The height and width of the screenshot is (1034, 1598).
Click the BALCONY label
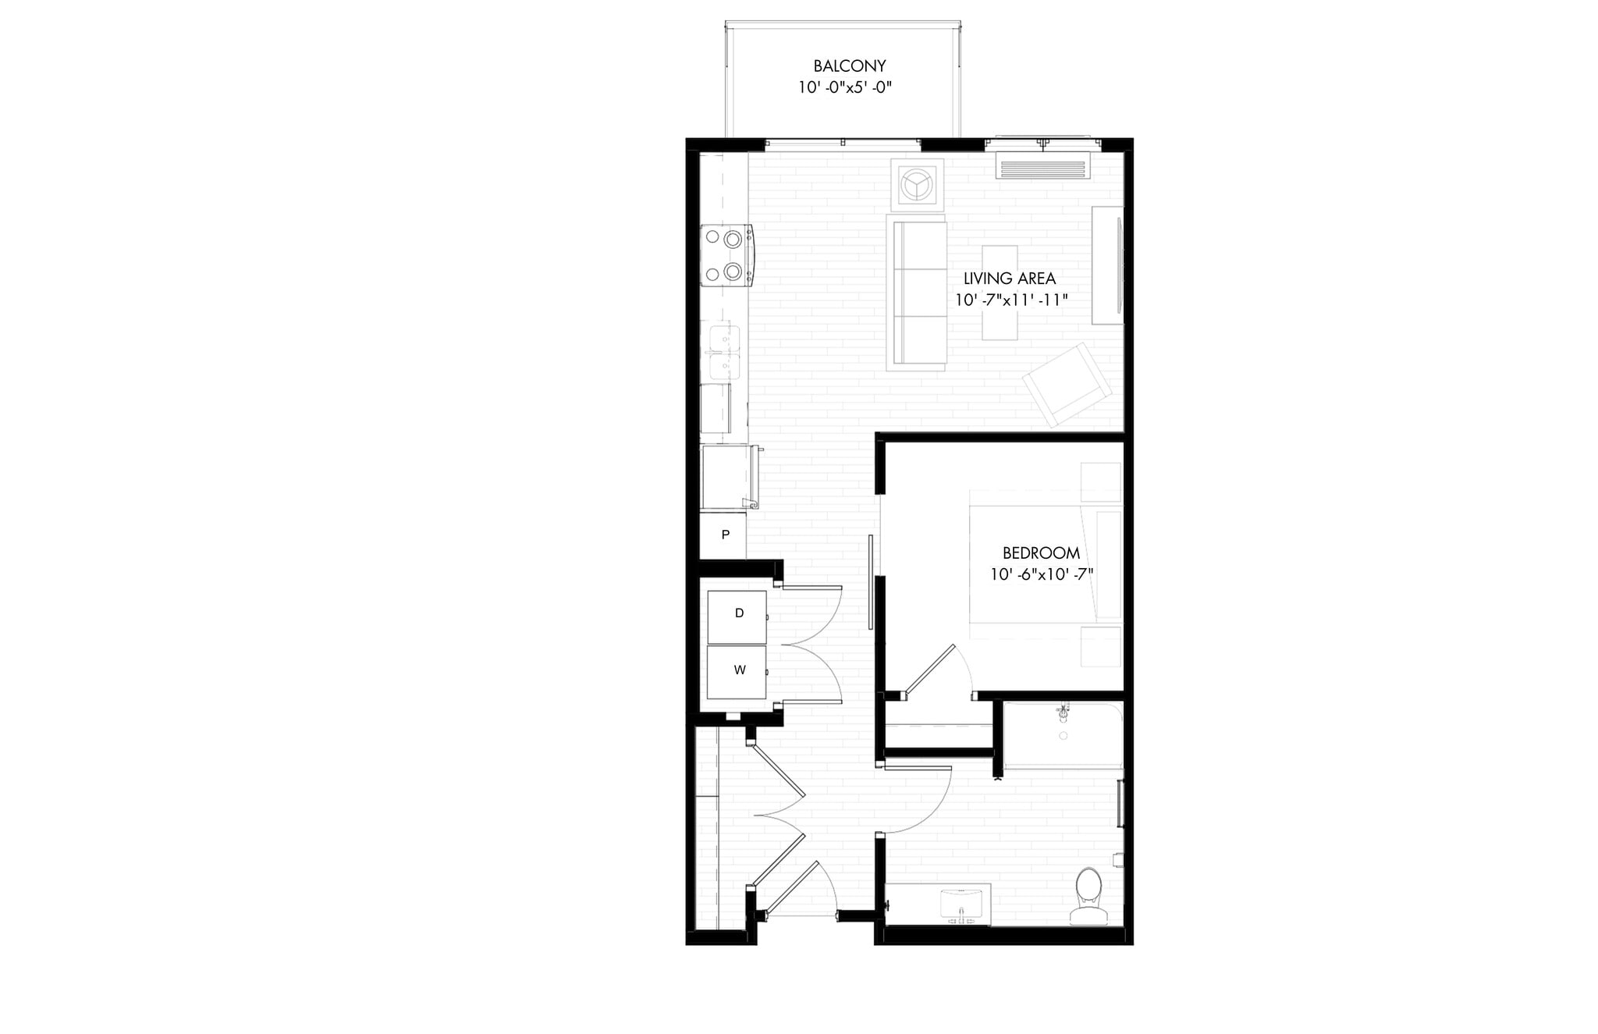(x=849, y=66)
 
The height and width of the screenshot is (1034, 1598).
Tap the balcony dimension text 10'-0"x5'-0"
(x=844, y=87)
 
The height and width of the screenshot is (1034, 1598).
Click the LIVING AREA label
(x=1009, y=279)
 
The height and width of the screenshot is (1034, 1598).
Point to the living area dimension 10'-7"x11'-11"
(x=1010, y=300)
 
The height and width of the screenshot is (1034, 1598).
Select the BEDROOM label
(x=1041, y=553)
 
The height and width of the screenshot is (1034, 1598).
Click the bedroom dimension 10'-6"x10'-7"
(x=1041, y=574)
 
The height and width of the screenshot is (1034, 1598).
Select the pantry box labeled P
(x=723, y=535)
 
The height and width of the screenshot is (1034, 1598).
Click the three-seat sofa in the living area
(x=919, y=293)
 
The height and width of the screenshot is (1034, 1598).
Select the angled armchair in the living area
(x=1067, y=384)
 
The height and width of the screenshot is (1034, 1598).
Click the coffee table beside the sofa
(x=1000, y=293)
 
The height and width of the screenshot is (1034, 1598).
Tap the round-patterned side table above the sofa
(x=918, y=185)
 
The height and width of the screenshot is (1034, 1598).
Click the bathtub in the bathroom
(x=1062, y=735)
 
